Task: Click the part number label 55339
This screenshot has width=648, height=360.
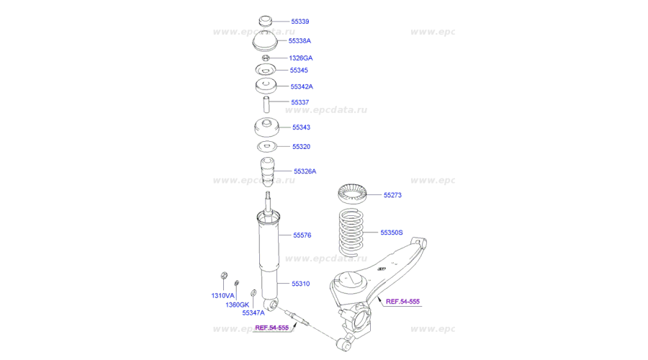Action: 300,22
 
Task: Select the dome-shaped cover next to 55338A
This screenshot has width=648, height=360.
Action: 265,40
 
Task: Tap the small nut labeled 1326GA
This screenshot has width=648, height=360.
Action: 266,58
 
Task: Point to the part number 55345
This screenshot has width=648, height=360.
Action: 298,71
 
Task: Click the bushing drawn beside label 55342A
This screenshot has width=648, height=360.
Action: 266,86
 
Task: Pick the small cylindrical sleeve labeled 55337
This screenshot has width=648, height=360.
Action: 267,104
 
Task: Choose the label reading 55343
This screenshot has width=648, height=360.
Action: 301,127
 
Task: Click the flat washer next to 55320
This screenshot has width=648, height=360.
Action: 267,146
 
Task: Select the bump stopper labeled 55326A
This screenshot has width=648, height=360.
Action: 267,171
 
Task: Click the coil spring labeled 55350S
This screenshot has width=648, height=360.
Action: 351,233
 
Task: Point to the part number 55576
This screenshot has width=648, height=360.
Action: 302,235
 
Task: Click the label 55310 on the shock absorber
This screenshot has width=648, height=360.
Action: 300,284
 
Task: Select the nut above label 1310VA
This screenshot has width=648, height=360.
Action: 224,275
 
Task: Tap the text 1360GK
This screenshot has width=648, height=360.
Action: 237,305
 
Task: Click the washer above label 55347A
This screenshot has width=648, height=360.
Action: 253,293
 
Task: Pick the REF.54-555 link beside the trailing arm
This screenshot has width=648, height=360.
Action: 402,302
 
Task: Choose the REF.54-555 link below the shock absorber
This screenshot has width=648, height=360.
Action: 272,328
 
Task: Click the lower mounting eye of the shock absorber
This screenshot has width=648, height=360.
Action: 274,305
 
